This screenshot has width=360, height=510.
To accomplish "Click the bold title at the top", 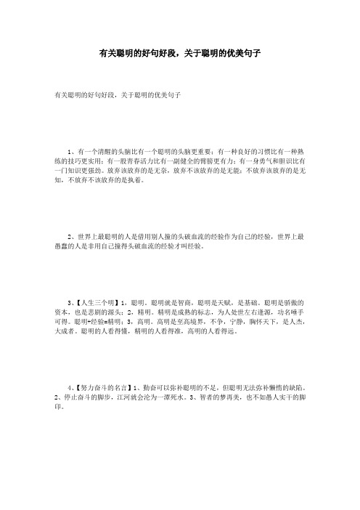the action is (180, 54).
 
